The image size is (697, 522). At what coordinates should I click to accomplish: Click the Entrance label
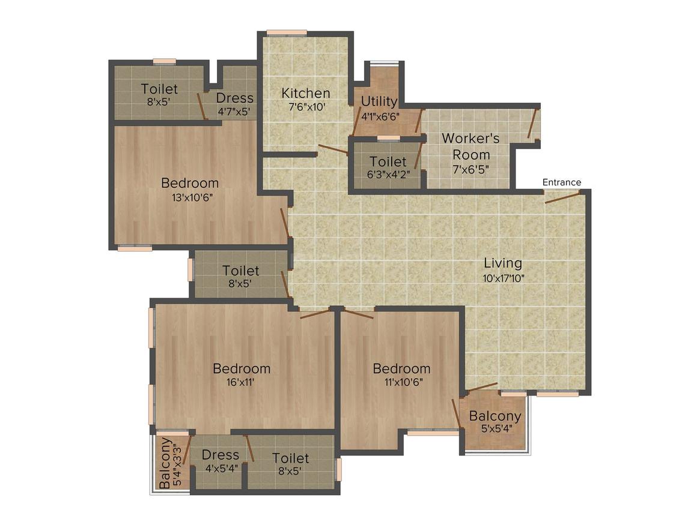tap(562, 182)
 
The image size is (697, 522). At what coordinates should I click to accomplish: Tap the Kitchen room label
tap(306, 94)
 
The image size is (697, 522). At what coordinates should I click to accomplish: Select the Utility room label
tap(379, 101)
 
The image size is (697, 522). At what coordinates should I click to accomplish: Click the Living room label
tap(503, 263)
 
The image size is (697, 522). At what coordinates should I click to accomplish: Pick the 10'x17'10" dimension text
tap(503, 278)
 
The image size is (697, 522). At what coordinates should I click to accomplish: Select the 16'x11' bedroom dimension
tap(242, 383)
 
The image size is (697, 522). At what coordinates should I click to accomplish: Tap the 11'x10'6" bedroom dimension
tap(401, 383)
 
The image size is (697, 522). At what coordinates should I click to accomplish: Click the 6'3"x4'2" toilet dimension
tap(388, 176)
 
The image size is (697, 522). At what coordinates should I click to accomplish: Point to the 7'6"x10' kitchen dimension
tap(306, 108)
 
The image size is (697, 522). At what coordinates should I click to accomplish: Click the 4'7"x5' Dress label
tap(234, 112)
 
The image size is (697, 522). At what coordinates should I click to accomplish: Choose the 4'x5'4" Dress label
tap(220, 469)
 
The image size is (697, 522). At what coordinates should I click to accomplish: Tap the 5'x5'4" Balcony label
tap(495, 430)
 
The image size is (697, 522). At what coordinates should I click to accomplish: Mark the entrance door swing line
tap(562, 197)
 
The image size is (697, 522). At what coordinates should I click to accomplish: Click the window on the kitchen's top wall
tap(287, 32)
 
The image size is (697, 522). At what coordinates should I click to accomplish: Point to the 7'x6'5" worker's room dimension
tap(470, 169)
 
